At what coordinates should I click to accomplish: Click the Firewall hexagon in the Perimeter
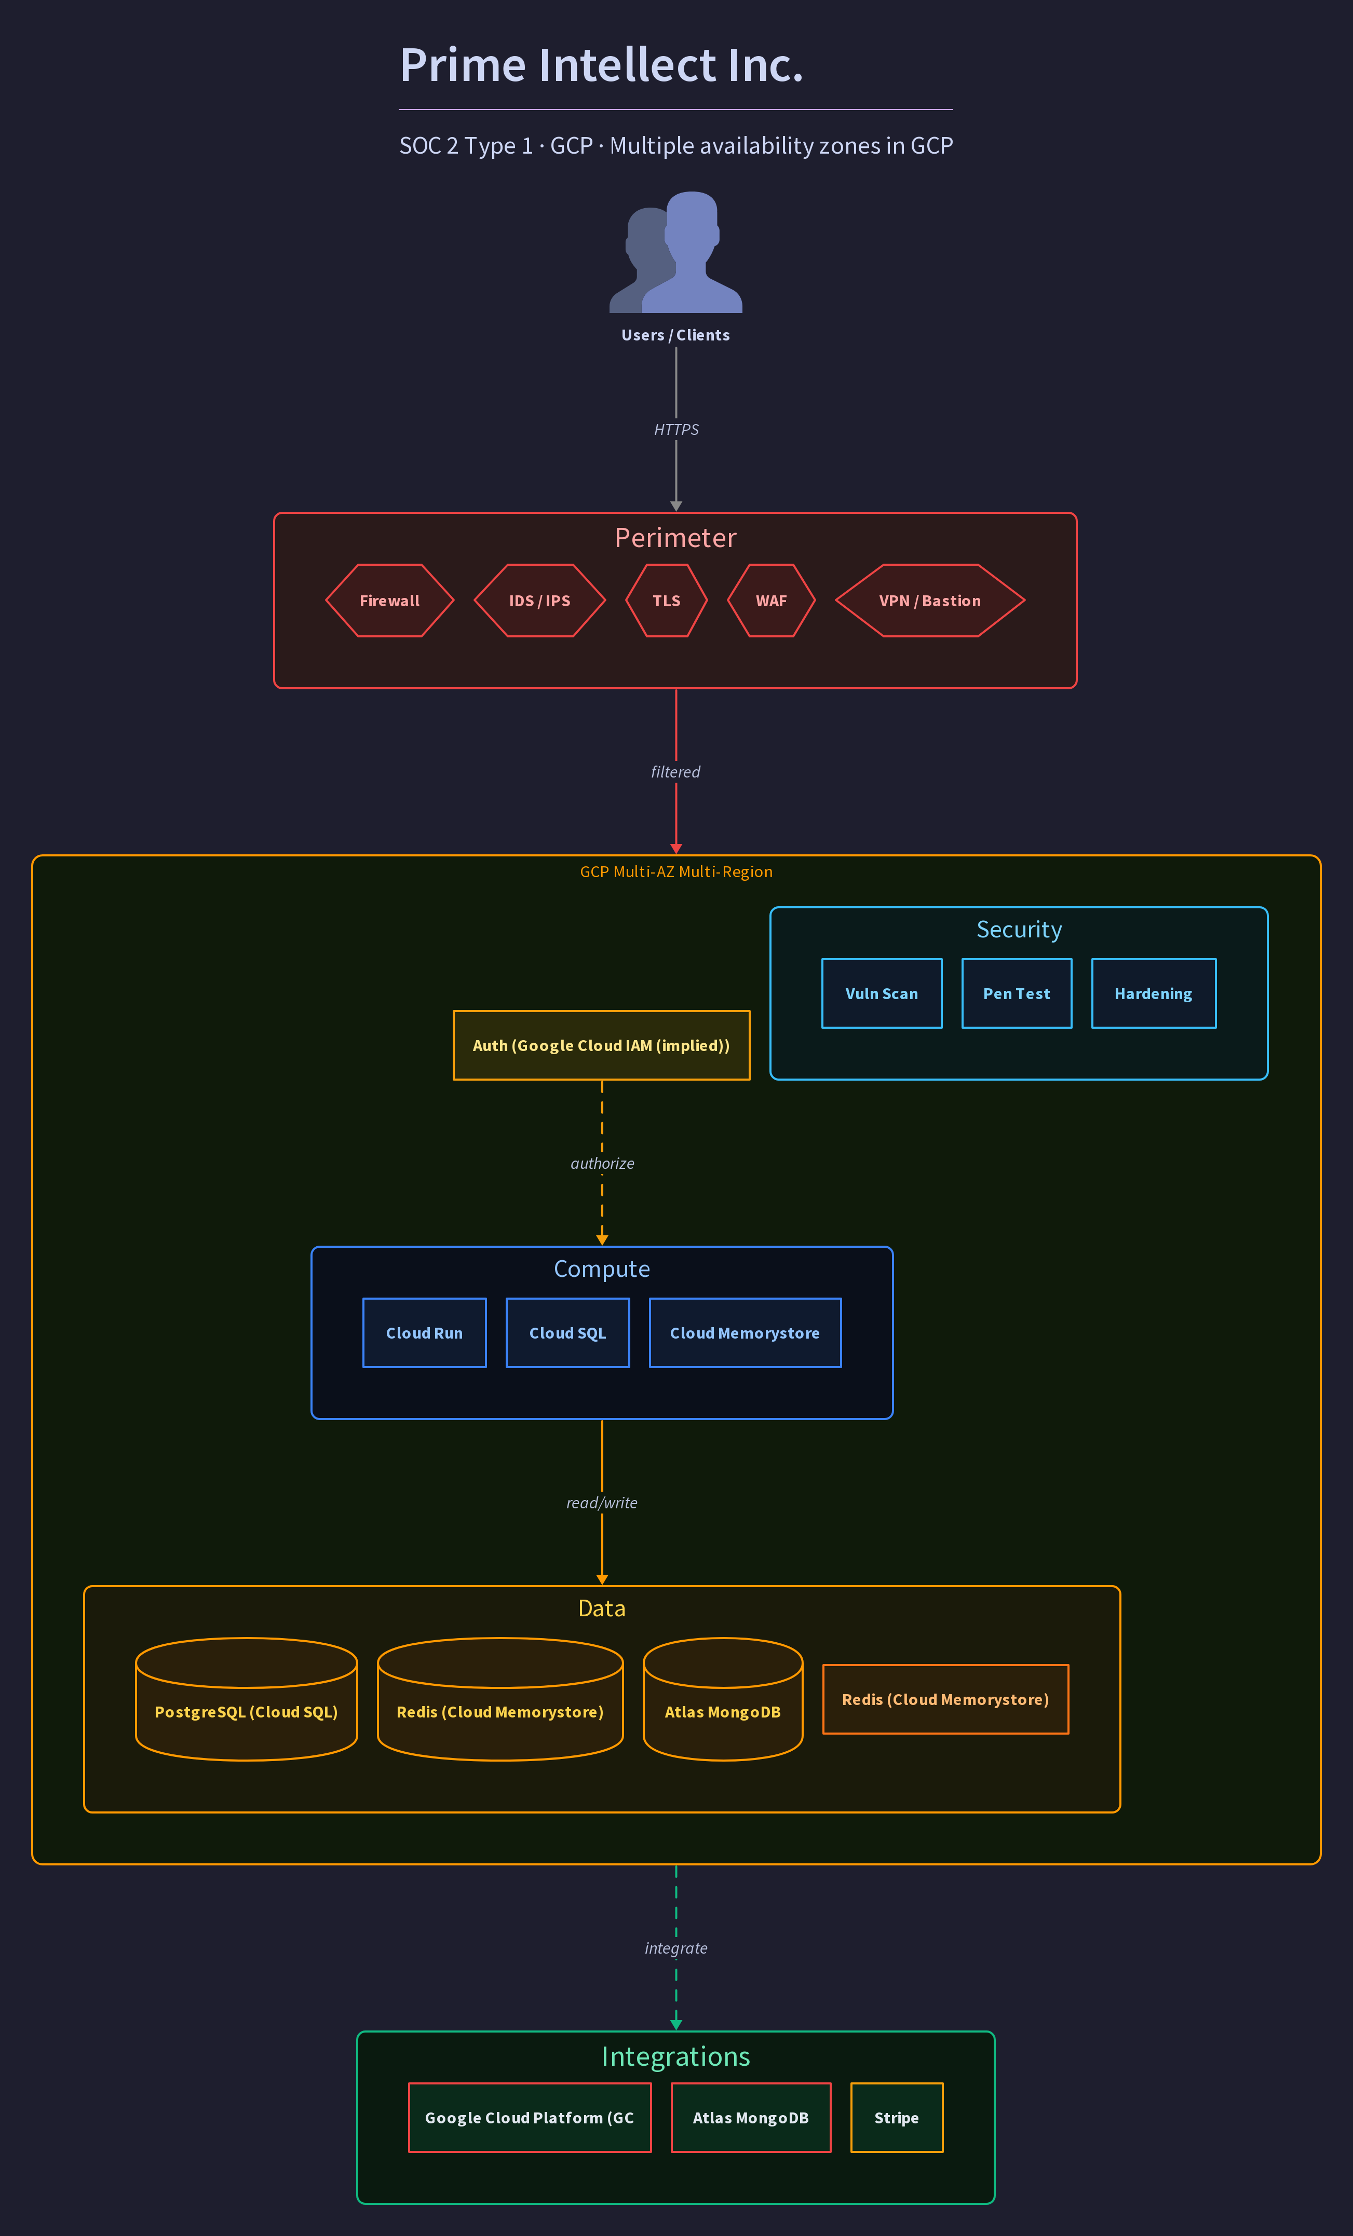pyautogui.click(x=389, y=601)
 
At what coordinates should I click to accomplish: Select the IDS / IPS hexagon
pyautogui.click(x=540, y=601)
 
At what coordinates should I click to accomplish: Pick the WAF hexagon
pyautogui.click(x=772, y=601)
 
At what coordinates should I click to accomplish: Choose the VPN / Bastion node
pyautogui.click(x=930, y=601)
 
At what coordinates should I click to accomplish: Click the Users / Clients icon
pyautogui.click(x=676, y=252)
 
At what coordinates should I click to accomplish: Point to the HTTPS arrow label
pyautogui.click(x=676, y=429)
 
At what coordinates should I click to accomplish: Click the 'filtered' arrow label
pyautogui.click(x=676, y=772)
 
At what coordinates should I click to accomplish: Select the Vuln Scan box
pyautogui.click(x=882, y=993)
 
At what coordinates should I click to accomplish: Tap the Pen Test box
pyautogui.click(x=1017, y=993)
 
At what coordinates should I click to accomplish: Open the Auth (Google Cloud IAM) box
pyautogui.click(x=602, y=1045)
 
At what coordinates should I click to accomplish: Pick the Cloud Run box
pyautogui.click(x=425, y=1333)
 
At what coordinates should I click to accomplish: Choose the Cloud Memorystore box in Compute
pyautogui.click(x=745, y=1333)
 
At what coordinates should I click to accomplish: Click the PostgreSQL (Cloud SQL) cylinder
pyautogui.click(x=247, y=1700)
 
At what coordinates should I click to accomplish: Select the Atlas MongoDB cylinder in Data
pyautogui.click(x=723, y=1700)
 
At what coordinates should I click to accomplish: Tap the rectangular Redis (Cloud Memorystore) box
pyautogui.click(x=945, y=1700)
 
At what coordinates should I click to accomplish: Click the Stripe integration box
pyautogui.click(x=897, y=2118)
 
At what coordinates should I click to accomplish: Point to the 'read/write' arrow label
pyautogui.click(x=602, y=1503)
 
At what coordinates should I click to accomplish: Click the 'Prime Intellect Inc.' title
pyautogui.click(x=602, y=65)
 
